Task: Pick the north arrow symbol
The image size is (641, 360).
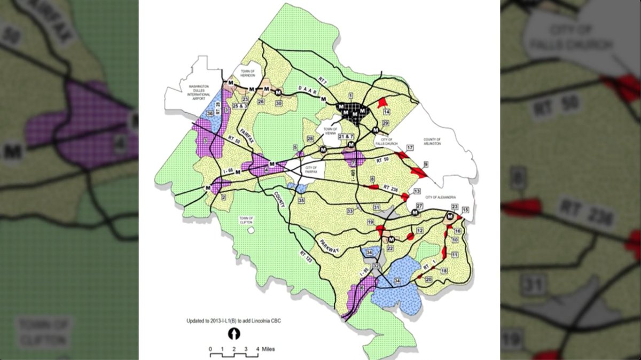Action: point(234,334)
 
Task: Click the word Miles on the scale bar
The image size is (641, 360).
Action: point(269,349)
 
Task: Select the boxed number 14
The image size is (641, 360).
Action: point(387,112)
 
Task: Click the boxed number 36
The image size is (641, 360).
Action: point(210,114)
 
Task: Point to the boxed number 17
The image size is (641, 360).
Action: point(410,147)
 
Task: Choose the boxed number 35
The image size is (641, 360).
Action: point(301,201)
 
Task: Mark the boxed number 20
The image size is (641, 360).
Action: point(428,279)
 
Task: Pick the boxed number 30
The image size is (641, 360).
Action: point(278,103)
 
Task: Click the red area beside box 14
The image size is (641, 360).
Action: point(381,103)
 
